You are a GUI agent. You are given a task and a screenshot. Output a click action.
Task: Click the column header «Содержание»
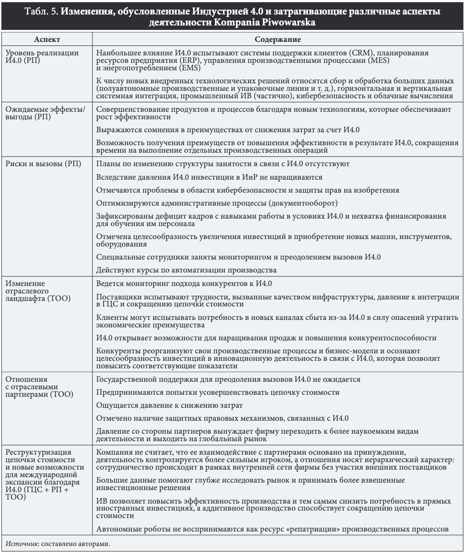278,39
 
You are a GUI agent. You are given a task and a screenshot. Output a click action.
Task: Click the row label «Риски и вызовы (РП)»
42,164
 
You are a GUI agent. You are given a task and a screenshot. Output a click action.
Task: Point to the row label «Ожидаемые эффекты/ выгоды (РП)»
44,113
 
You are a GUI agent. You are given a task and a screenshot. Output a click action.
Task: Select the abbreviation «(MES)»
379,60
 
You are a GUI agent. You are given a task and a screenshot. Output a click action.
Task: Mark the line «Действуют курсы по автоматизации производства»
186,271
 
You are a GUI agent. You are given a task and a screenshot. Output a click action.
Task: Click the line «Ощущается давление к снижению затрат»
169,405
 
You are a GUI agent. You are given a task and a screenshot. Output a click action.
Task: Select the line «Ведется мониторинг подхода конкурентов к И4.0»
184,283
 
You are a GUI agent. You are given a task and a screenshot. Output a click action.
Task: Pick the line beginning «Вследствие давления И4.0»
209,177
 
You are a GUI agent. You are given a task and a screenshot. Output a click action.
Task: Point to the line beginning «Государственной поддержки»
228,379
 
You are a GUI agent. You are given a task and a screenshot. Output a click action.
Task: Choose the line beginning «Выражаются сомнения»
228,130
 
